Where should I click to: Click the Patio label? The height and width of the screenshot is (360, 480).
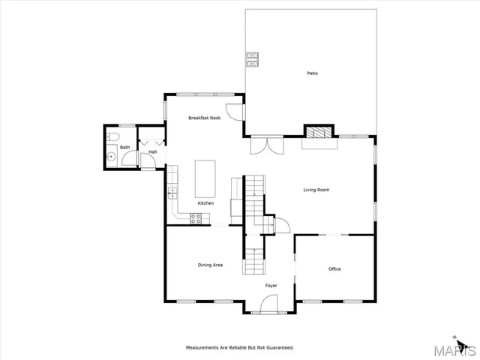point(311,73)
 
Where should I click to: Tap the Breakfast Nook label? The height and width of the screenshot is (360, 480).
point(203,118)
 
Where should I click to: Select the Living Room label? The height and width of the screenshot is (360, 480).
point(316,190)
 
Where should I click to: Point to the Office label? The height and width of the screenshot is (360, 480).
point(334,268)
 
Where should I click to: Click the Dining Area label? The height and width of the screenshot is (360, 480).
point(210,265)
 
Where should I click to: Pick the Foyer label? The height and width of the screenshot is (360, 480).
point(271,286)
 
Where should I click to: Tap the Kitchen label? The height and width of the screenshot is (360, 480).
point(205,203)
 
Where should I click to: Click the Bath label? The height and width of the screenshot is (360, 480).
point(125,147)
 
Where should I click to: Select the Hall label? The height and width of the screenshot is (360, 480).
point(152,152)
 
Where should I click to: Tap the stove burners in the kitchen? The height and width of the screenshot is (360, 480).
point(196,219)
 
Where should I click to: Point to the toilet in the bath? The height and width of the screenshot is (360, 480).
point(112,136)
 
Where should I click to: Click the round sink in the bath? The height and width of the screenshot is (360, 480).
point(110,157)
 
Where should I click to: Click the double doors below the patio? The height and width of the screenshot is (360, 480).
point(267,144)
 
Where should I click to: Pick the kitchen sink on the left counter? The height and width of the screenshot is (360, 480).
point(172,193)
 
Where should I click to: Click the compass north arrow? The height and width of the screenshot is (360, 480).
point(454,337)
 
